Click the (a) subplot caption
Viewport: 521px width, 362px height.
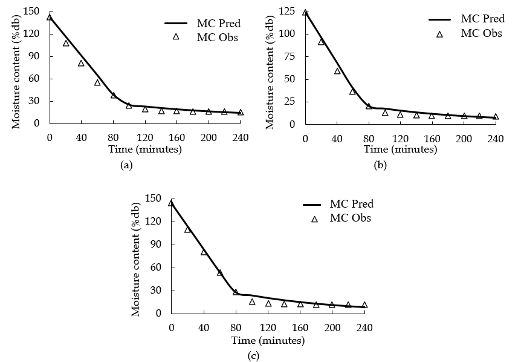click(x=126, y=164)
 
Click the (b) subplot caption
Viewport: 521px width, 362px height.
click(x=380, y=165)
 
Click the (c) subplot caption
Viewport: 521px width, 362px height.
click(x=253, y=355)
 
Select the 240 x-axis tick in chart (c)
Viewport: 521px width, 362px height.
click(x=364, y=328)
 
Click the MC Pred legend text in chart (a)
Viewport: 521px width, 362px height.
click(x=219, y=24)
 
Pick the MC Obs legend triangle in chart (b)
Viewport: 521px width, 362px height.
click(x=440, y=34)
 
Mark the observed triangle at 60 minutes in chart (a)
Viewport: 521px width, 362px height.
click(x=97, y=82)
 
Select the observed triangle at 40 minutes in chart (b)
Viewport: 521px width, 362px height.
click(x=337, y=71)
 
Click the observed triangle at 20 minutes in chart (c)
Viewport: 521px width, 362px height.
click(x=187, y=229)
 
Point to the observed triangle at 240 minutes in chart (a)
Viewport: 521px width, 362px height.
click(x=240, y=112)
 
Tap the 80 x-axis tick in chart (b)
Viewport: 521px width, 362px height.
click(x=369, y=138)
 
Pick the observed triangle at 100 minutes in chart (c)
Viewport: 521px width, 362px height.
click(x=252, y=301)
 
